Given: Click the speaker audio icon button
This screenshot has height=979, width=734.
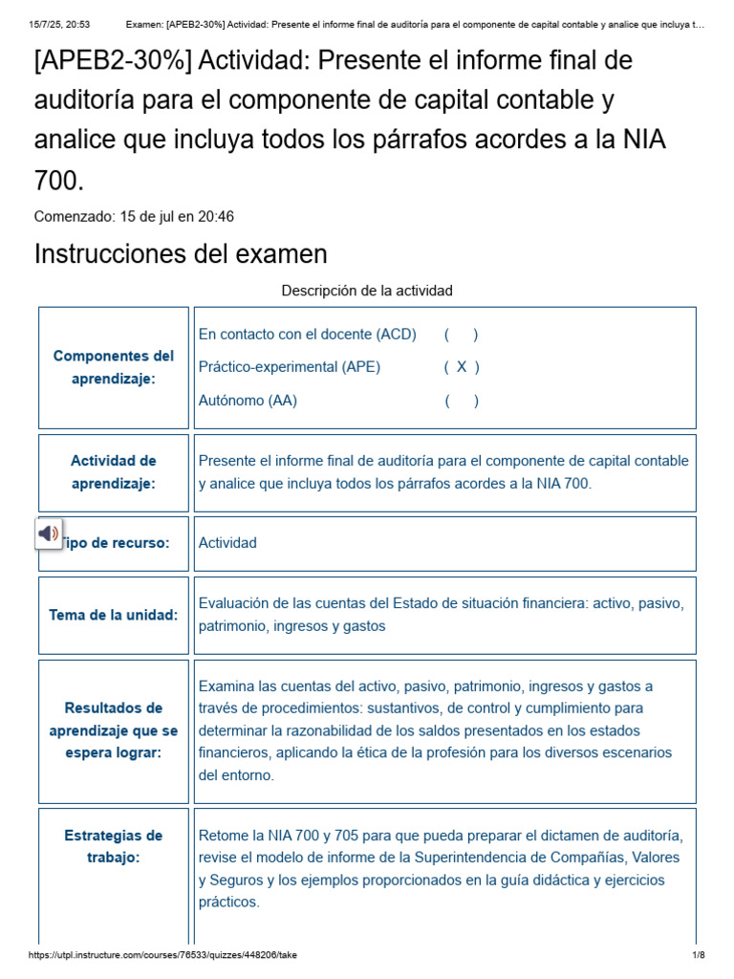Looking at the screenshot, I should [49, 533].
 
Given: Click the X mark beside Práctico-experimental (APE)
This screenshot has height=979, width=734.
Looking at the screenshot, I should [462, 367].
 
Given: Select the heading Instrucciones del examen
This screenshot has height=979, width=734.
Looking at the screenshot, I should [181, 254].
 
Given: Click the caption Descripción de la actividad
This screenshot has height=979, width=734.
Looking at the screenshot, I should [367, 290].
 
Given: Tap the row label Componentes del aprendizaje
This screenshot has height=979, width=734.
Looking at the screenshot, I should [114, 367].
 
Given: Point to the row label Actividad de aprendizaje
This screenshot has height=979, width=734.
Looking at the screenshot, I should [114, 472].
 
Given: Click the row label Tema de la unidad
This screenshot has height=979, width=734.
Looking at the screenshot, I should [114, 615].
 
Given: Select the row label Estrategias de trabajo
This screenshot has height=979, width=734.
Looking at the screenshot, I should [114, 846].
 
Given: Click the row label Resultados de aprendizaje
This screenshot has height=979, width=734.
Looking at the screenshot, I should [114, 730].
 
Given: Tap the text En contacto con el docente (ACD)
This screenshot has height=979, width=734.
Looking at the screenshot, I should [308, 334].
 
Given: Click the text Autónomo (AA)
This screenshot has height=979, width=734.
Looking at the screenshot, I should [248, 401].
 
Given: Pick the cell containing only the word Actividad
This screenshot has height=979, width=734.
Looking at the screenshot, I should [227, 543].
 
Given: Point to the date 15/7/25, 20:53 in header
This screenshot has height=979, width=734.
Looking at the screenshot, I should [59, 24].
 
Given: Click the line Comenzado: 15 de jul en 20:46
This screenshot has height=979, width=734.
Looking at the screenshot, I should [134, 216].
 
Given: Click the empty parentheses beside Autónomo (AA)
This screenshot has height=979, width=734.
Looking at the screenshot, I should [462, 401].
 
